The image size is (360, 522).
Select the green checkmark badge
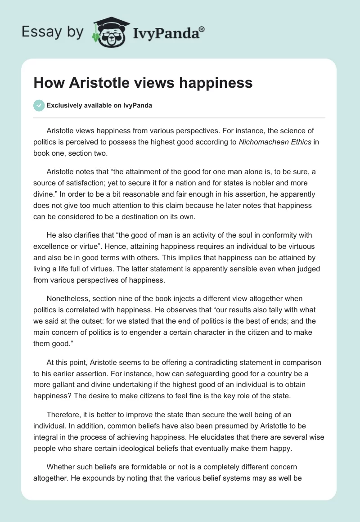39,105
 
